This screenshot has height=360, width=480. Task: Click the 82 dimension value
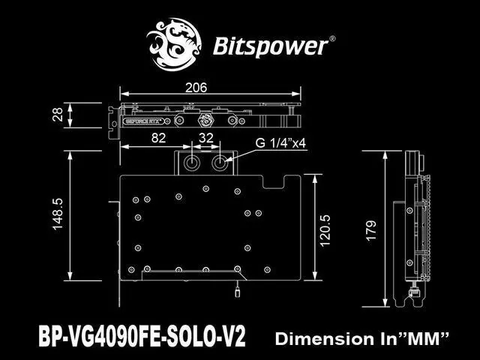(158, 138)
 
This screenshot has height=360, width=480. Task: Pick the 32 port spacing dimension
(207, 138)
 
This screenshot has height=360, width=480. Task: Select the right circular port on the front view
(220, 163)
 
